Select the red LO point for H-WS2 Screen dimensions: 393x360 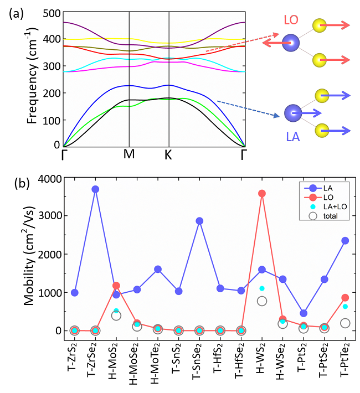click(262, 193)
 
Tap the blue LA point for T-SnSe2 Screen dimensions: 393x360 click(199, 221)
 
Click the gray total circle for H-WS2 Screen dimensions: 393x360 click(262, 301)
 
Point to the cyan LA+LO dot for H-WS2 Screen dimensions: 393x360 click(262, 288)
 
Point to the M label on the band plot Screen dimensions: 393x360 click(129, 154)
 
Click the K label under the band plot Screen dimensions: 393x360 click(168, 154)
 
